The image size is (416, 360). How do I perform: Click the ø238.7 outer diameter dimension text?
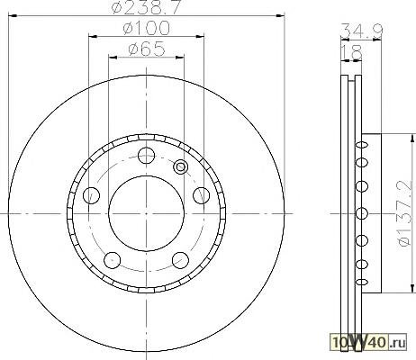147,7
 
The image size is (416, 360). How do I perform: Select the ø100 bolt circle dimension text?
147,28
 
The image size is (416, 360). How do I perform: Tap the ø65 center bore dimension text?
147,49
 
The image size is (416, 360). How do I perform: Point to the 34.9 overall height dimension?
362,31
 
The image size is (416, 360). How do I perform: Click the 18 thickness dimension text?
352,52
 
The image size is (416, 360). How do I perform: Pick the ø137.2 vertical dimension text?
403,213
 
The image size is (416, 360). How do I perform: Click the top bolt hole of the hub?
146,156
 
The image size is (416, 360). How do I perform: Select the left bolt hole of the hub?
91,195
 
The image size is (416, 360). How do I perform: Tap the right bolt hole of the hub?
202,195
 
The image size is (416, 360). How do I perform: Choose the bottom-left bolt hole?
112,260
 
